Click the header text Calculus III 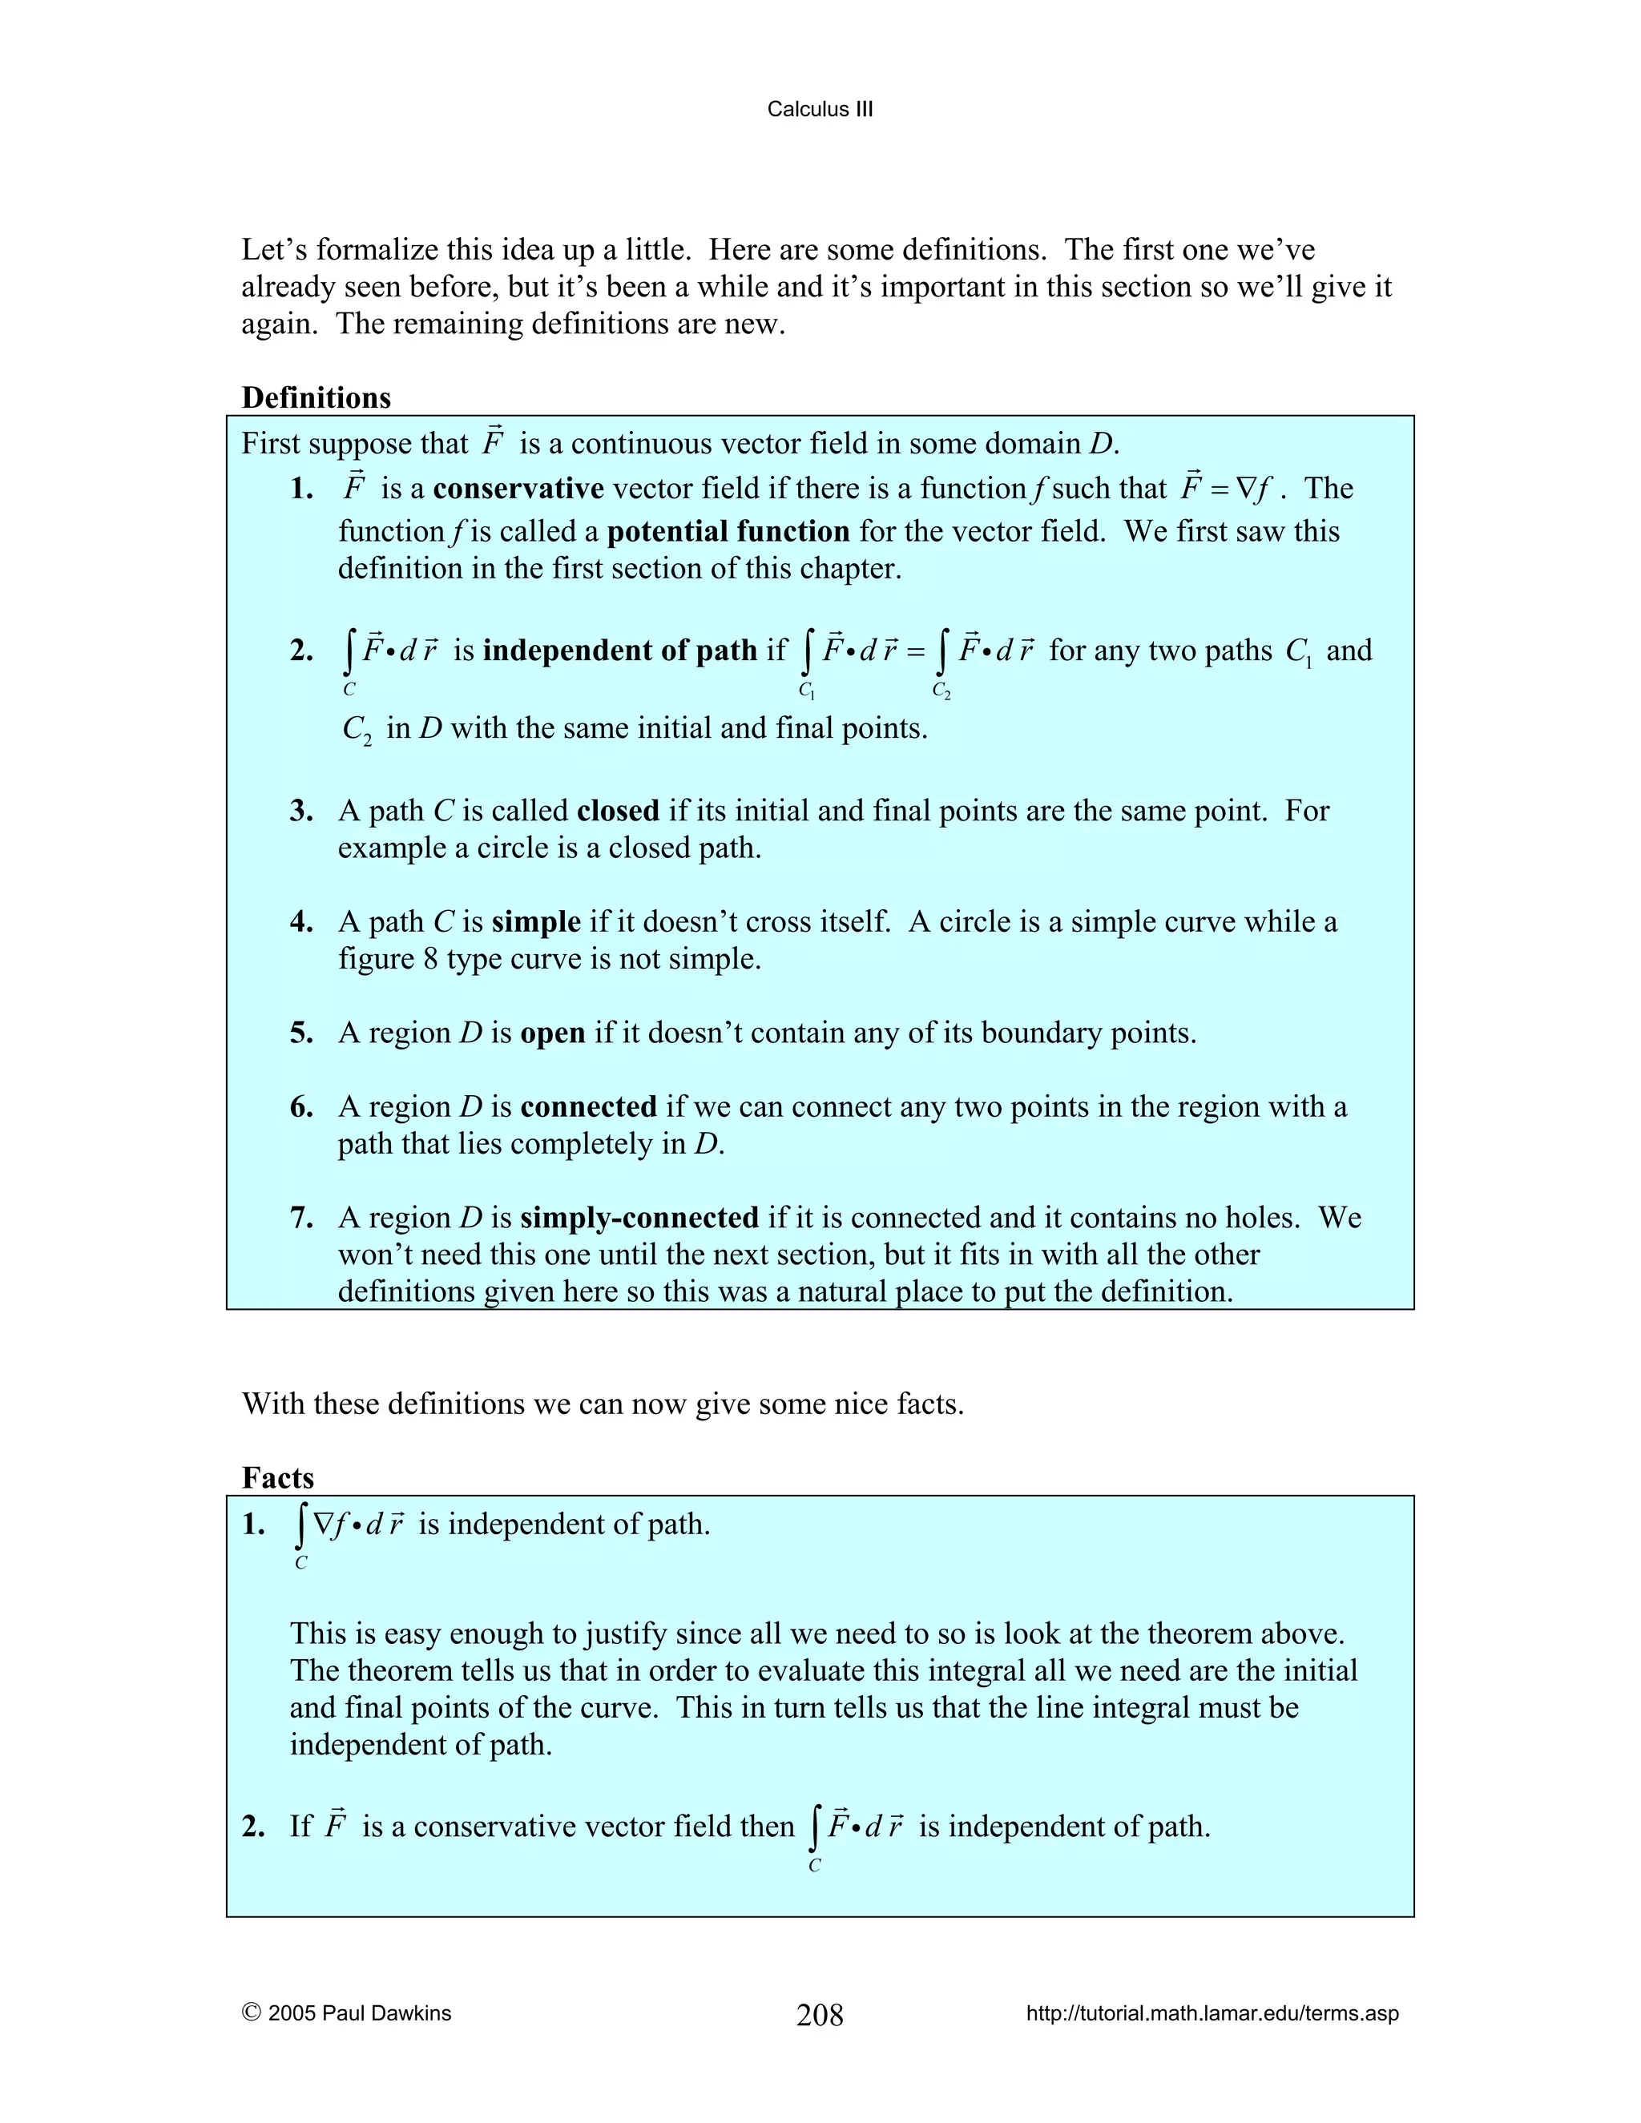pyautogui.click(x=820, y=109)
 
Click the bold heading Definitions pyautogui.click(x=316, y=397)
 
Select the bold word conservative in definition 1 pyautogui.click(x=518, y=488)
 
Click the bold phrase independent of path pyautogui.click(x=619, y=650)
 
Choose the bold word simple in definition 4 pyautogui.click(x=536, y=921)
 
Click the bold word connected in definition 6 pyautogui.click(x=588, y=1106)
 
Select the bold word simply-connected pyautogui.click(x=639, y=1217)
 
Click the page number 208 pyautogui.click(x=820, y=2014)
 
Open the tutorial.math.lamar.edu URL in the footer pyautogui.click(x=1212, y=2013)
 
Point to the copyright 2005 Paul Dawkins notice pyautogui.click(x=347, y=2013)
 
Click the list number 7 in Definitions pyautogui.click(x=300, y=1217)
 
